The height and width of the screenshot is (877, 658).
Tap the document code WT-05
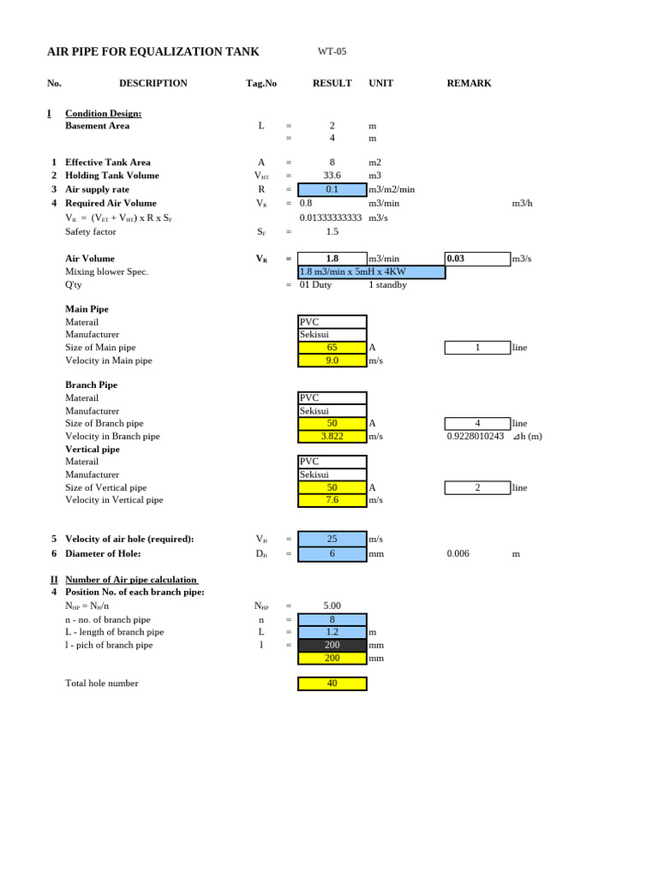[x=332, y=52]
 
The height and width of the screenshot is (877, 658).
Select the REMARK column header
[x=469, y=83]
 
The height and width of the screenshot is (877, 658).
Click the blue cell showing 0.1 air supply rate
[x=332, y=189]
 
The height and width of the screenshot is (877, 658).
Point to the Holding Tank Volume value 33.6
[x=332, y=176]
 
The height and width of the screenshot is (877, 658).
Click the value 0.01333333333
[x=332, y=218]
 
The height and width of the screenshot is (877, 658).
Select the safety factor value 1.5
[x=332, y=231]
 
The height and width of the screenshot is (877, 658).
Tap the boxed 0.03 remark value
[x=476, y=258]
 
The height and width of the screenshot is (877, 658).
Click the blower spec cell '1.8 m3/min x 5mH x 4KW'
[x=371, y=271]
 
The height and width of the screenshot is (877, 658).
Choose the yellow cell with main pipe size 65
[x=332, y=348]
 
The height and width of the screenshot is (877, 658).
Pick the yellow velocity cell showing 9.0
[x=332, y=361]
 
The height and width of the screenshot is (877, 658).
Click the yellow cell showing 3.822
[x=332, y=436]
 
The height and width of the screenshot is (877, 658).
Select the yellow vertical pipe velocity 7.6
[x=332, y=499]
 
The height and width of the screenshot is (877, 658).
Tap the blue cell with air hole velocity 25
[x=332, y=539]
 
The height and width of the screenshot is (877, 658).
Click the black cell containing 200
[x=332, y=645]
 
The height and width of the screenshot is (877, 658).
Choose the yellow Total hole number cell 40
[x=332, y=683]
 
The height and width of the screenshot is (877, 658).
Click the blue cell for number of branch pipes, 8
[x=332, y=619]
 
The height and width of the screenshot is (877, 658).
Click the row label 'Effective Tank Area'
[x=108, y=162]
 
